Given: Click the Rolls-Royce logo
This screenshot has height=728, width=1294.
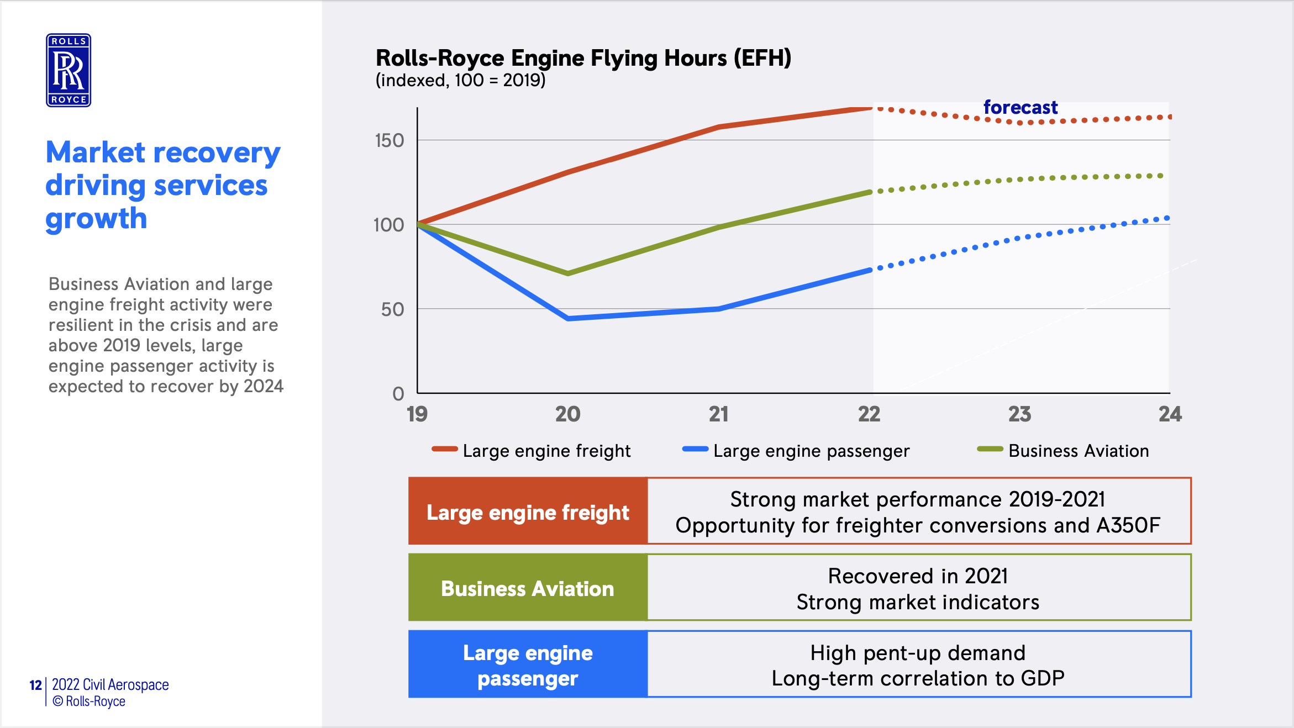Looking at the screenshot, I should (69, 70).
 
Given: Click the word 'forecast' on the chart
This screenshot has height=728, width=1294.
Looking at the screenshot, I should (1020, 107).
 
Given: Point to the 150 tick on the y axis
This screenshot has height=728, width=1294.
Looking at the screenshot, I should (390, 141).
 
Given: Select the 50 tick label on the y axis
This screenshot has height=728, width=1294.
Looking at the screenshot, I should (392, 310).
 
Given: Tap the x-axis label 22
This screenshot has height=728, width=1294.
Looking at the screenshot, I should (869, 414).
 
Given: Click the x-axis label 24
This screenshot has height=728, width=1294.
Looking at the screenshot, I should (1170, 414).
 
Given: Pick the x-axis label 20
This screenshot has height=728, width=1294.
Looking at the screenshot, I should (567, 414).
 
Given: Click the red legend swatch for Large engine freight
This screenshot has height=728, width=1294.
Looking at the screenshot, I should (444, 449).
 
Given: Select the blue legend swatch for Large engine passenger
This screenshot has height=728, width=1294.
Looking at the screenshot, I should (695, 449).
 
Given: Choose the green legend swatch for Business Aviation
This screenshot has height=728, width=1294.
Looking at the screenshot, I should (990, 449).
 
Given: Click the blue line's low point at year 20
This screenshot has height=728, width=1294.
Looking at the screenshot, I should (568, 319).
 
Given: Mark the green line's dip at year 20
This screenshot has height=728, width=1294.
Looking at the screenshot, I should (568, 273).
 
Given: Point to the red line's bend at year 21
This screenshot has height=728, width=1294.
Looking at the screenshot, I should (719, 127).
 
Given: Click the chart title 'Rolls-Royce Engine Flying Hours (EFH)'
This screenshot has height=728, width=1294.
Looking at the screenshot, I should (583, 58).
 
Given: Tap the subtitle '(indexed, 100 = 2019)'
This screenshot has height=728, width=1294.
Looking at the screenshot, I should (460, 81).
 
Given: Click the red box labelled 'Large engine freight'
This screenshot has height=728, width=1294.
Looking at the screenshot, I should (528, 512).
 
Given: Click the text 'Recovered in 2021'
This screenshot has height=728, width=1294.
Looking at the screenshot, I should (918, 576).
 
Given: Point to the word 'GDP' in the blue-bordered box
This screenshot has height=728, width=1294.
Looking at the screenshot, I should (1042, 678).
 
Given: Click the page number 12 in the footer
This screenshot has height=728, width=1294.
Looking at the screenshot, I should (35, 685).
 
